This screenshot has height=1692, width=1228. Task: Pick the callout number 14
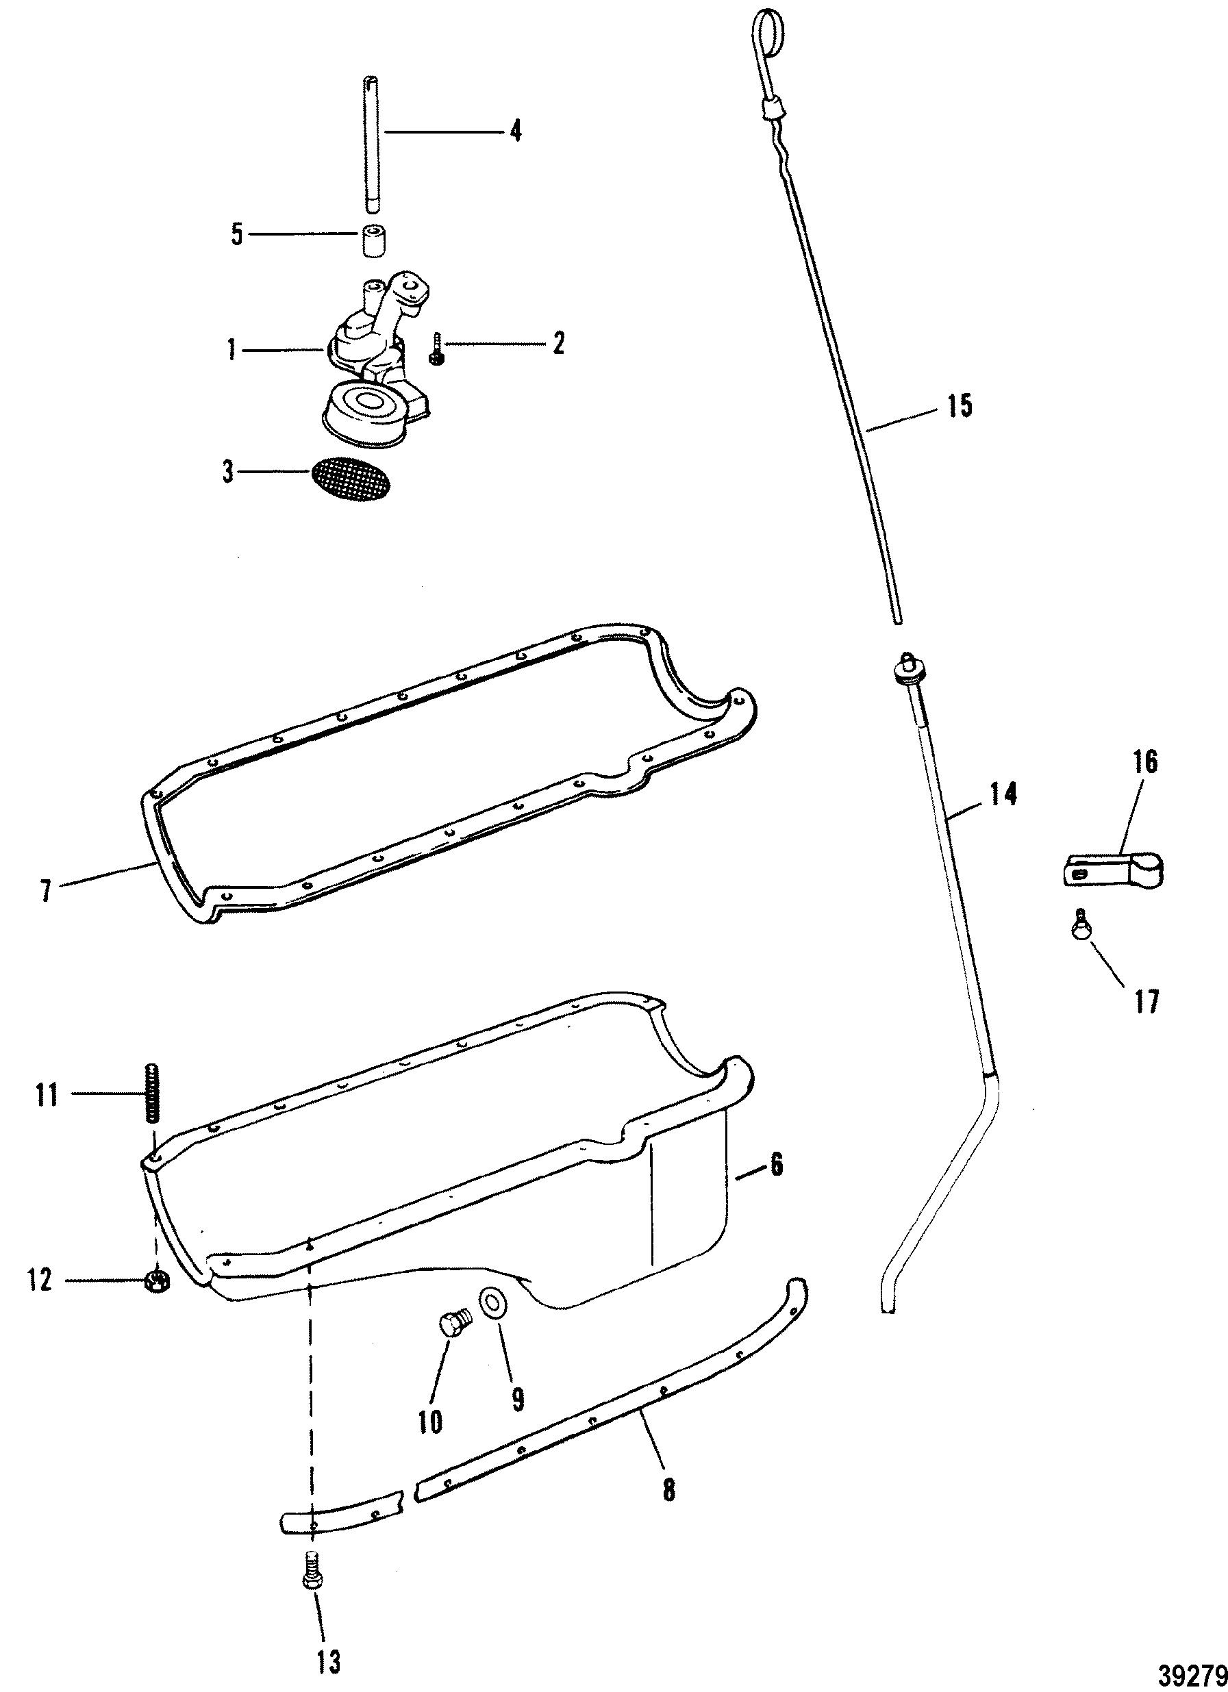[1003, 795]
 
